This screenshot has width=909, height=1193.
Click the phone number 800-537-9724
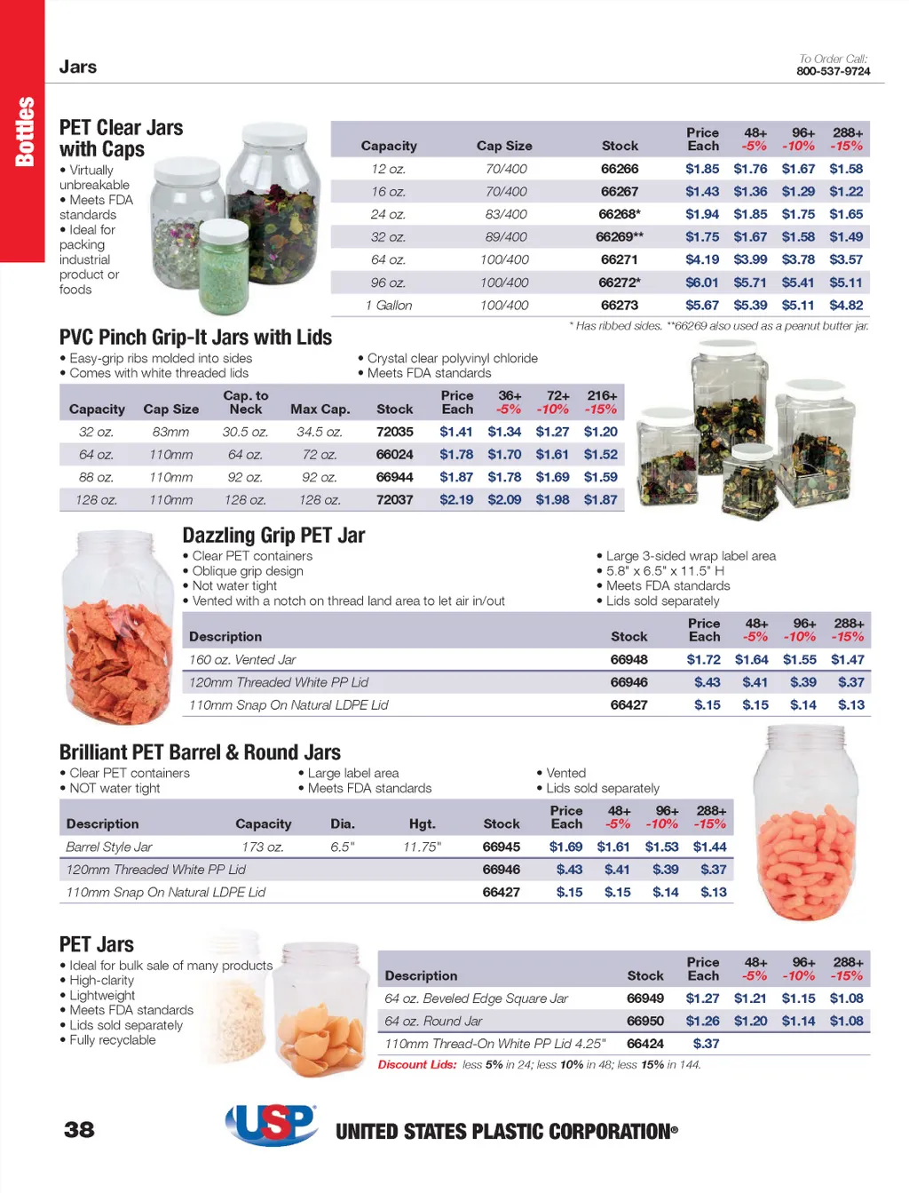[833, 71]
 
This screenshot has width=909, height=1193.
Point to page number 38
[79, 1129]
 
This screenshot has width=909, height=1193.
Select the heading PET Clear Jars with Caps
[121, 139]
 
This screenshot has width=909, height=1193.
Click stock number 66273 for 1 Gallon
[619, 305]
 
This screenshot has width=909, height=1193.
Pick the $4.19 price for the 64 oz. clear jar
[702, 259]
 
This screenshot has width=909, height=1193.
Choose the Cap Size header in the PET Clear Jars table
[504, 146]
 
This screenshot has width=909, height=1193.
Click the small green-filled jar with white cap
[224, 267]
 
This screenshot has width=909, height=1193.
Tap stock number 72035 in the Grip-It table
[394, 432]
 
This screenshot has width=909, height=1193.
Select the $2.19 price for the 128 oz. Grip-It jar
[456, 500]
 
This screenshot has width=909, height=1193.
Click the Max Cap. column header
[320, 409]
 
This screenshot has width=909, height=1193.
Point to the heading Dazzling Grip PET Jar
[273, 536]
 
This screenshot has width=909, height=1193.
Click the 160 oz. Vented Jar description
[242, 660]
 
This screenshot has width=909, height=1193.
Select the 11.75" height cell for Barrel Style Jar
[422, 847]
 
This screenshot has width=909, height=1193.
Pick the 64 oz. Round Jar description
[433, 1022]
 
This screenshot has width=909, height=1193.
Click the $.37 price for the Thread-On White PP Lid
[706, 1044]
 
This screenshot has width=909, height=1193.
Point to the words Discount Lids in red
[417, 1064]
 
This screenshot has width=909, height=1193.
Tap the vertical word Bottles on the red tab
[24, 131]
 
